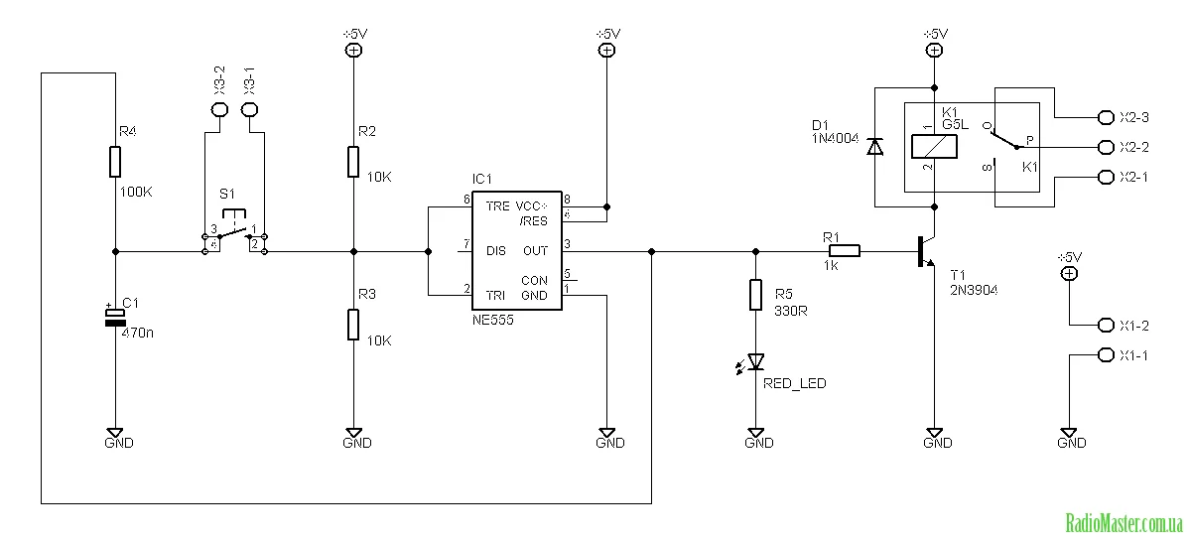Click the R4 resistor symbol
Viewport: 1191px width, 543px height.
[x=115, y=161]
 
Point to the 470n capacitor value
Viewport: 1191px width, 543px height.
[x=137, y=333]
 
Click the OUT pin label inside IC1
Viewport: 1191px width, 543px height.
[x=536, y=251]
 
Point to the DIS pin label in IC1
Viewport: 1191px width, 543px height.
[x=496, y=251]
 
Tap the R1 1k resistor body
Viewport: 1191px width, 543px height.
[x=846, y=251]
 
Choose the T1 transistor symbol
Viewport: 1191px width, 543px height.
[x=927, y=251]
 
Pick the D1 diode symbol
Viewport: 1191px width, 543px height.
[x=874, y=147]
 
